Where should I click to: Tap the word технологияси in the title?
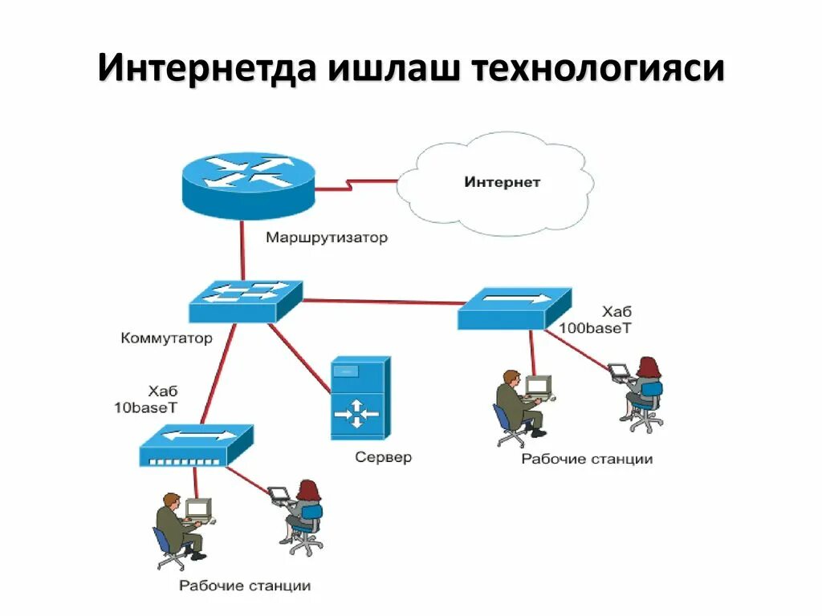point(597,69)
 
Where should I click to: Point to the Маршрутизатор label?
point(327,238)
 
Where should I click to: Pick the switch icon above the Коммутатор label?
point(246,302)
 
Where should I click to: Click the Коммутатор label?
point(167,338)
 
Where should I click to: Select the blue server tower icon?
point(360,398)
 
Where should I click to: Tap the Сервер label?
point(383,458)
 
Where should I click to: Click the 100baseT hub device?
point(515,309)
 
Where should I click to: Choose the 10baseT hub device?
point(196,447)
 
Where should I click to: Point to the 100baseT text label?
point(596,328)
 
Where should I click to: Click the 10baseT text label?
point(146,407)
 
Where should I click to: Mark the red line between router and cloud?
point(356,185)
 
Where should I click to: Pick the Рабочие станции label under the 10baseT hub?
point(245,586)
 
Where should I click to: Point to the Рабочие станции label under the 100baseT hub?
point(587,460)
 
